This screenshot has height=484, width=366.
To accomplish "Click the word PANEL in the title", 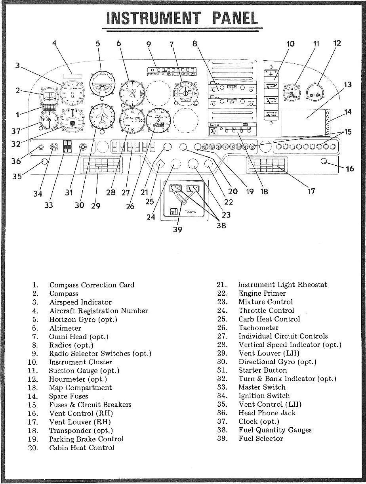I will (x=235, y=18).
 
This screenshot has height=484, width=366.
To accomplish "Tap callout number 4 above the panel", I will (x=55, y=43).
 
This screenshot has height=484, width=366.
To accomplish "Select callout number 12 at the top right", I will (x=337, y=43).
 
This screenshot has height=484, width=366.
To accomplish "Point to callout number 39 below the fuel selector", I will (x=178, y=230).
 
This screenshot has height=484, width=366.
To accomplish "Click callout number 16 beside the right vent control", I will (x=350, y=169).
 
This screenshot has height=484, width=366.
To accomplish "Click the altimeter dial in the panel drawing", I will (x=132, y=93).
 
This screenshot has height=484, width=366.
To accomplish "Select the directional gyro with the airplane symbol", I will (x=103, y=117).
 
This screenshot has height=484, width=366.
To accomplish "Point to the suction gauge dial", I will (x=292, y=93).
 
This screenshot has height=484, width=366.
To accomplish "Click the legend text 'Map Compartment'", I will (x=80, y=388).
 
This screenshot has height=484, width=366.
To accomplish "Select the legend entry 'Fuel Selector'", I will (x=261, y=438).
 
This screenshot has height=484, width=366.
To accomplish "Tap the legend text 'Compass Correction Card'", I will (x=91, y=285).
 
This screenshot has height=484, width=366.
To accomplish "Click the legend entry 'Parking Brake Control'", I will (x=86, y=439).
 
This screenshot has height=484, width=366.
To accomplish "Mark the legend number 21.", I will (x=221, y=285).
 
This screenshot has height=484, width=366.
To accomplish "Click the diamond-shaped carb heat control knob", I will (x=160, y=164).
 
